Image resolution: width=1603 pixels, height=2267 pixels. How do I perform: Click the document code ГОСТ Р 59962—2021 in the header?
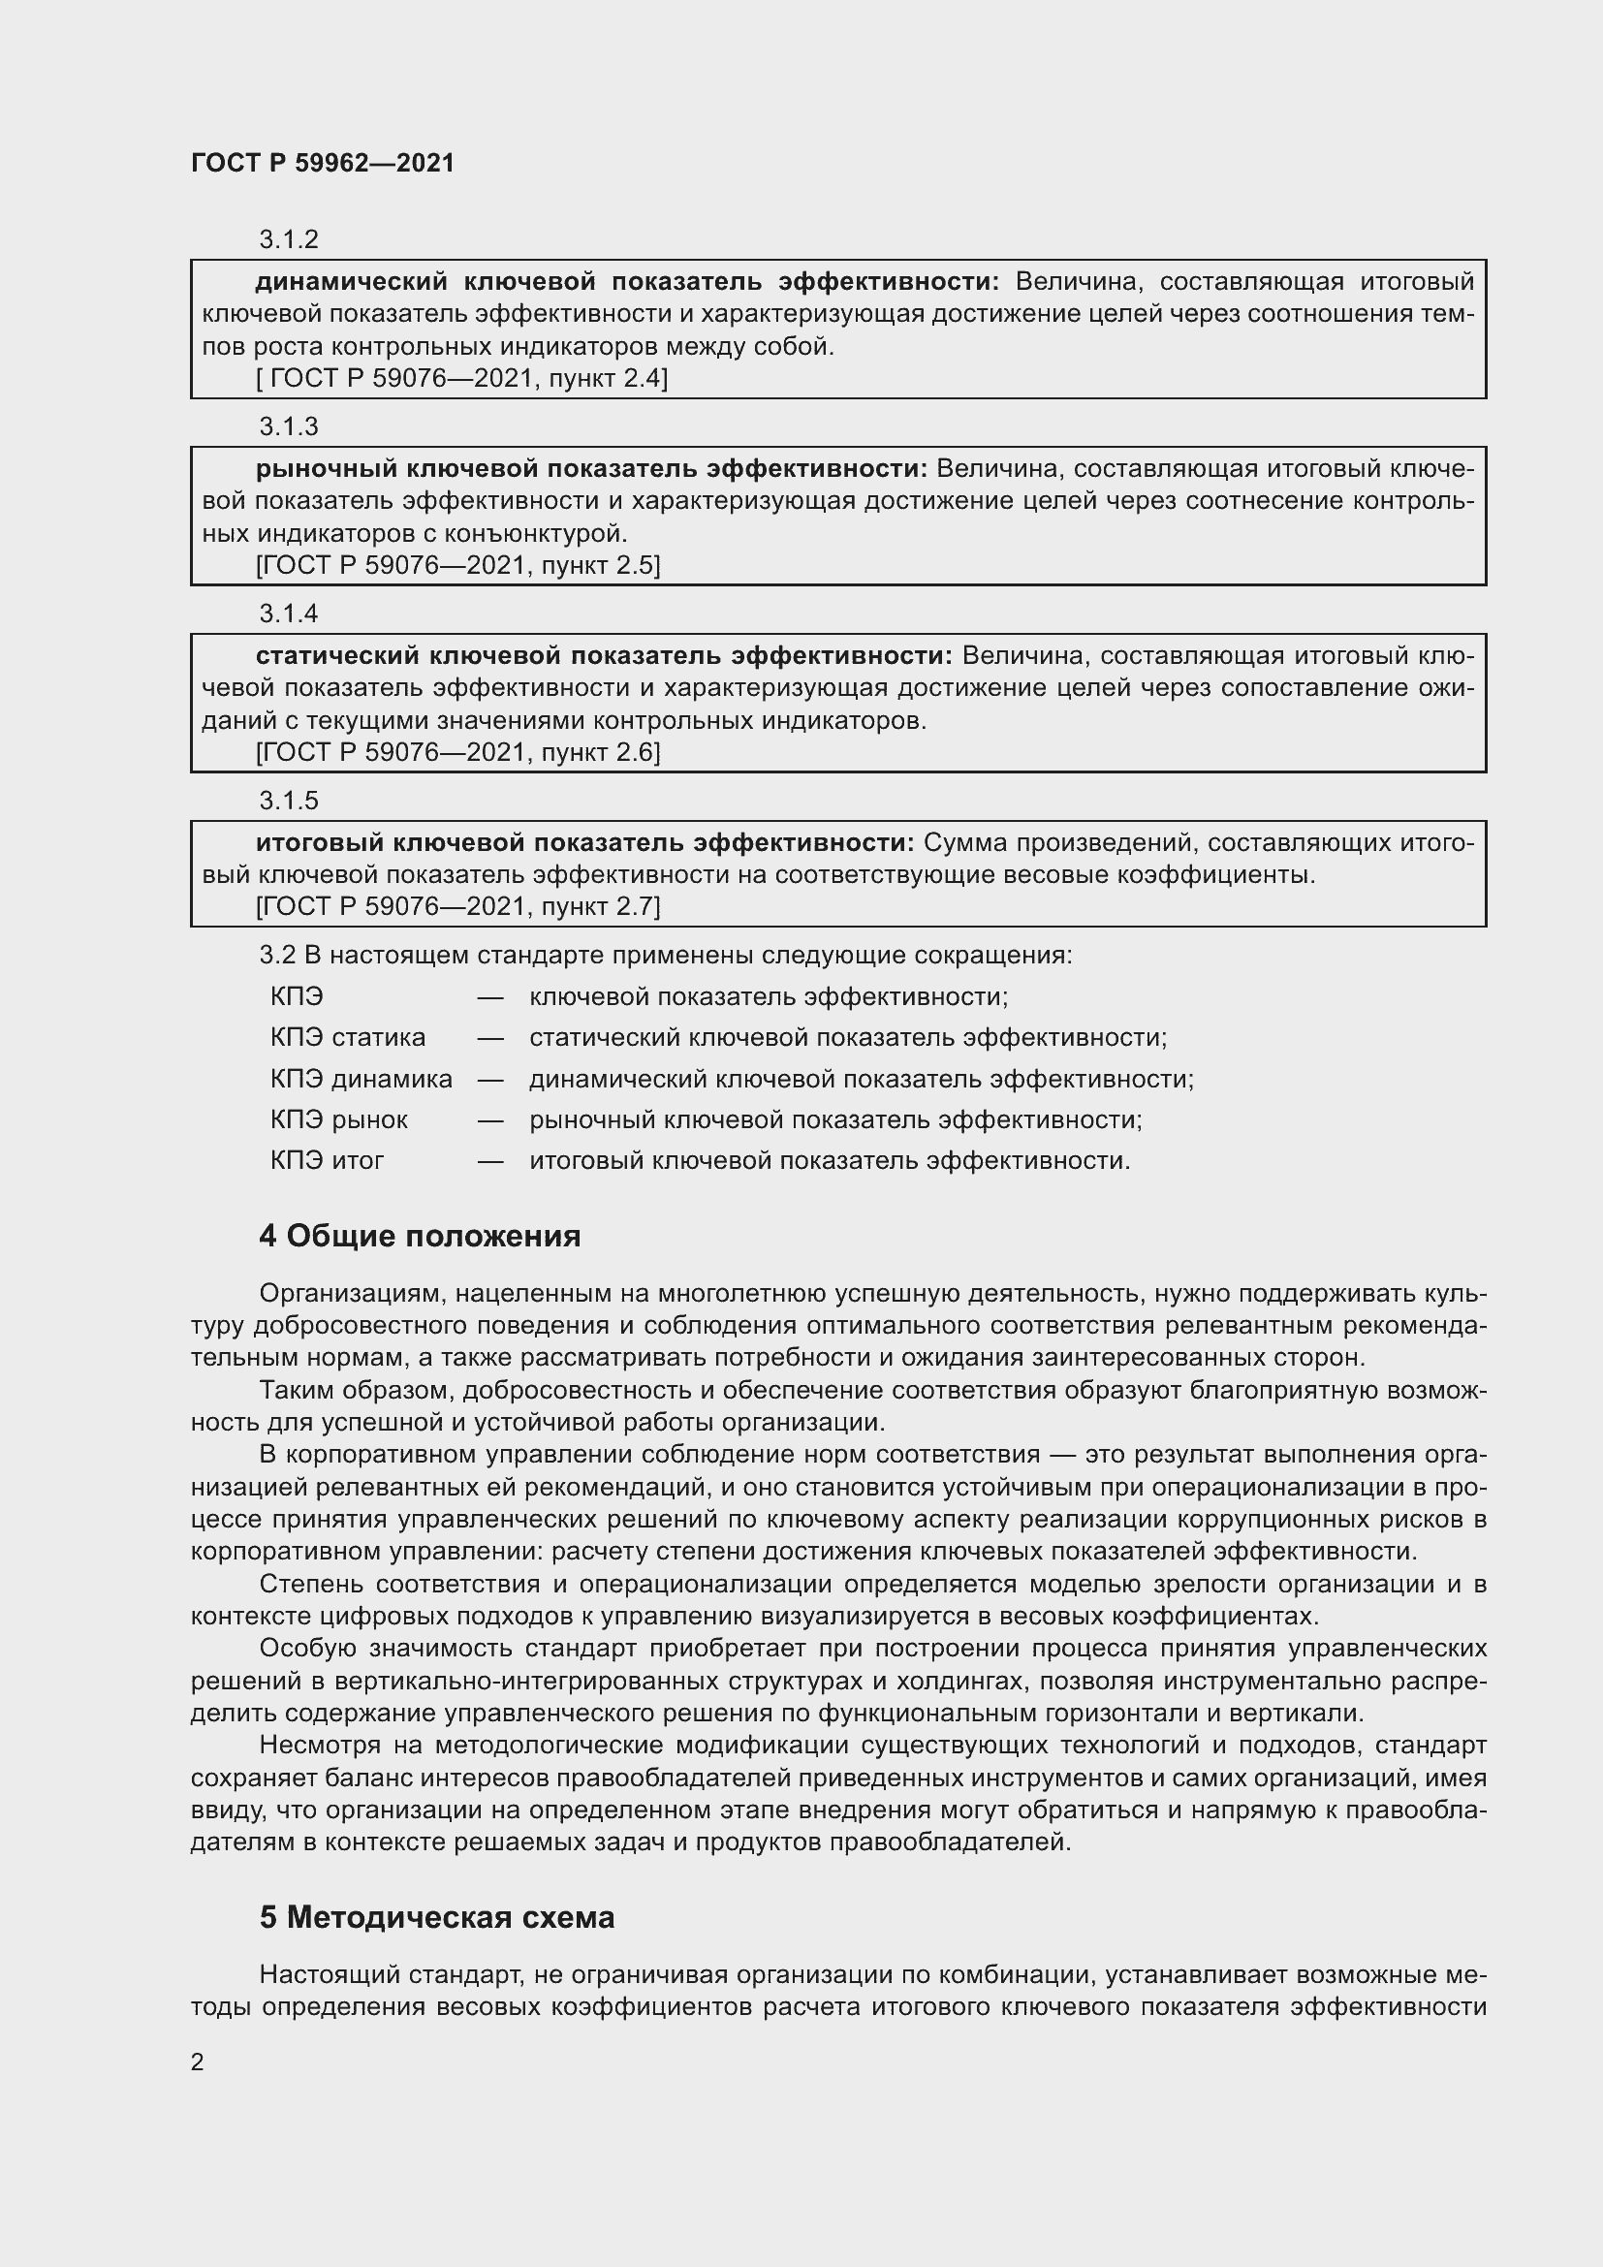coord(323,163)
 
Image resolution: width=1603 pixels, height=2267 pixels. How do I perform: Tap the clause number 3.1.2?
coord(288,239)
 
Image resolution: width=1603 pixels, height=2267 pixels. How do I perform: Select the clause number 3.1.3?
coord(288,425)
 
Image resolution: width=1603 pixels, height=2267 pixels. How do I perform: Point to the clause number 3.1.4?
coord(288,614)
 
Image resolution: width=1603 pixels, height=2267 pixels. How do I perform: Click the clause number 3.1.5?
coord(288,800)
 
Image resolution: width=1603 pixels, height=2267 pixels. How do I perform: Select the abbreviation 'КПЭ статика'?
coord(348,1038)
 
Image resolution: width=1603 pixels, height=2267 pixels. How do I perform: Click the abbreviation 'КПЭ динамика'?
coord(361,1078)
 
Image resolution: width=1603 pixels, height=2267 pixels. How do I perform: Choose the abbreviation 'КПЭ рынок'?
coord(338,1119)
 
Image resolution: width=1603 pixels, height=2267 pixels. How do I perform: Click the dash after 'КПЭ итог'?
coord(490,1161)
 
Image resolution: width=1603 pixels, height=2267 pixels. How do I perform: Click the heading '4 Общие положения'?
coord(420,1236)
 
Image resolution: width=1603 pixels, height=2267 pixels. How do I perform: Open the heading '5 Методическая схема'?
coord(436,1917)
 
